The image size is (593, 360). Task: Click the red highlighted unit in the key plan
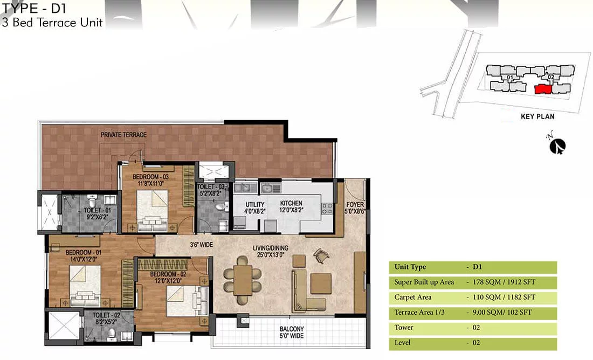[x=543, y=89]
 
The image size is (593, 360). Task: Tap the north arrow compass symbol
[x=557, y=146]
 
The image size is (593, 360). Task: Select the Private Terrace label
[x=123, y=135]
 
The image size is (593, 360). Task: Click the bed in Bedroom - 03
[x=152, y=210]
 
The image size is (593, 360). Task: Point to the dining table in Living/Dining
[x=243, y=280]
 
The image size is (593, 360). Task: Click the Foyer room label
[x=355, y=207]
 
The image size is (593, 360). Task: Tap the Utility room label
[x=255, y=207]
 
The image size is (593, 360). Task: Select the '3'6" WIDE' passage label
[x=201, y=245]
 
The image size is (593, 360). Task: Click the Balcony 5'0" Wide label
[x=292, y=332]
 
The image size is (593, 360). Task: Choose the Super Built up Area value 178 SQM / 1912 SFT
[x=504, y=282]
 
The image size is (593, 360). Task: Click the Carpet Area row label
[x=412, y=297]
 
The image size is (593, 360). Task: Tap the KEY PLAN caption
[x=537, y=116]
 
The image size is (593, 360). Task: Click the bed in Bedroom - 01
[x=85, y=286]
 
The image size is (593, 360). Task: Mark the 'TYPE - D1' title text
[x=35, y=8]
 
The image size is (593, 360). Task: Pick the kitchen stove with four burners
[x=327, y=209]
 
